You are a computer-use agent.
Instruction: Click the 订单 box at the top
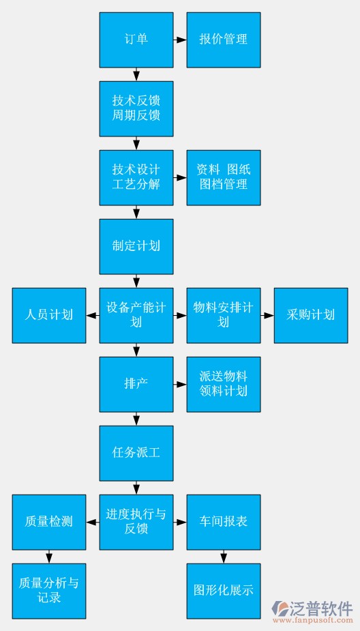tap(136, 40)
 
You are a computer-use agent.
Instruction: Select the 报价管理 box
tap(223, 40)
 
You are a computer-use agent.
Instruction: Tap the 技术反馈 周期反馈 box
tap(136, 108)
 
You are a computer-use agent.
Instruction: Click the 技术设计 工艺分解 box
tap(136, 177)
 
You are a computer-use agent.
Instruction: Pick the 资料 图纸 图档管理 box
tap(223, 177)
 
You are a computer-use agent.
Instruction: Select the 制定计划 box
tap(136, 246)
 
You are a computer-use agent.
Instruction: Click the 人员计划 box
tap(48, 315)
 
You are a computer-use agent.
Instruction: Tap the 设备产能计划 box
tap(136, 315)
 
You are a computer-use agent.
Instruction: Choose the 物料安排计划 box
tap(223, 315)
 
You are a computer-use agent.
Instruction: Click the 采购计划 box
tap(310, 315)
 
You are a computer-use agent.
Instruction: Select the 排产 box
tap(136, 384)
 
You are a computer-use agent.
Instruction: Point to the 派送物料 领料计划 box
tap(223, 384)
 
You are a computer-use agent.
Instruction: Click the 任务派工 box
tap(136, 453)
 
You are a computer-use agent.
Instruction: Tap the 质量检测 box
tap(48, 522)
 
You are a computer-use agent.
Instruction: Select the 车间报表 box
tap(223, 522)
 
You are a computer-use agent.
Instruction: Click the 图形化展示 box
tap(223, 591)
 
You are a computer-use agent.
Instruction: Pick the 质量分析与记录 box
tap(48, 591)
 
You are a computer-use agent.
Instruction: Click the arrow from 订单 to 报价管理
tap(180, 40)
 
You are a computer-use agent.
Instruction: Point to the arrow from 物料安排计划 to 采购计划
tap(267, 315)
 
